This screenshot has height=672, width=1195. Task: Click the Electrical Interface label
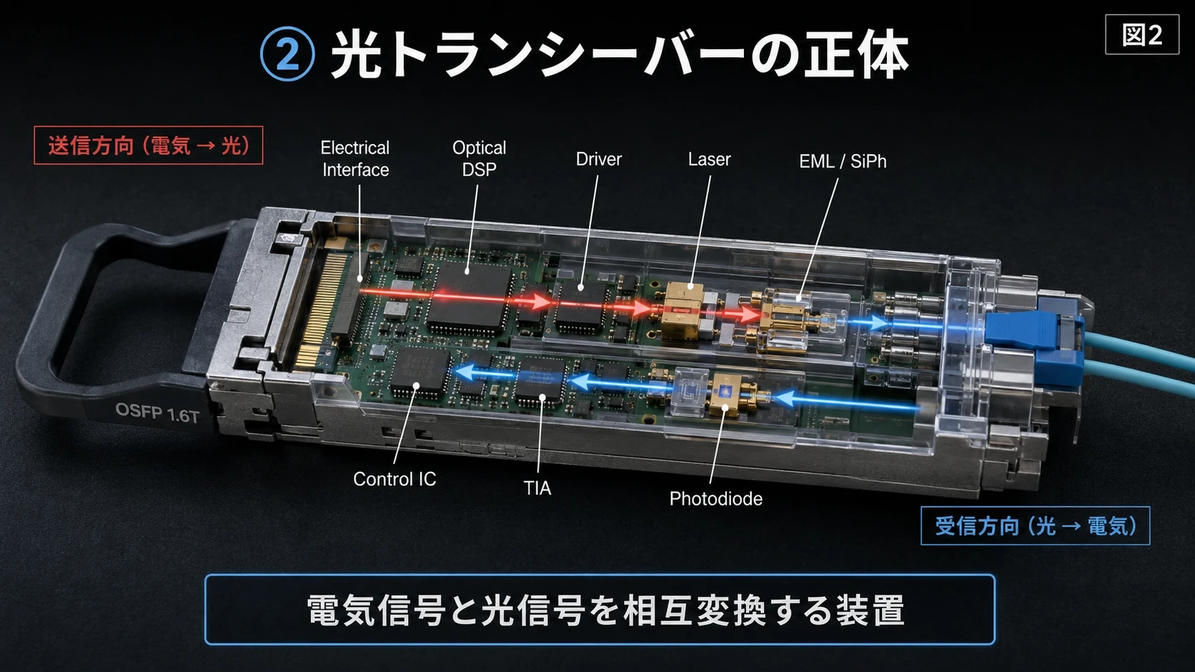(x=355, y=159)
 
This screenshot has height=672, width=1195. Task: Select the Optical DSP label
(x=479, y=159)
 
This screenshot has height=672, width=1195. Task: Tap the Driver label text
(x=598, y=159)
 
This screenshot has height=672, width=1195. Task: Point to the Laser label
(x=709, y=159)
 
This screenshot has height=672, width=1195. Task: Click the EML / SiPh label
(x=843, y=161)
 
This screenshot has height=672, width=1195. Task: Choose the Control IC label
(x=395, y=479)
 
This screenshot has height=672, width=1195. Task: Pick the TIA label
(x=537, y=488)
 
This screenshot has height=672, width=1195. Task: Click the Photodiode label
(x=715, y=498)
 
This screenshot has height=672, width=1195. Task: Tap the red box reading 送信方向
(x=149, y=146)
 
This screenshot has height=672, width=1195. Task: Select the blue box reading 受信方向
(x=1035, y=526)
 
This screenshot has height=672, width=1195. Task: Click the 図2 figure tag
(x=1141, y=35)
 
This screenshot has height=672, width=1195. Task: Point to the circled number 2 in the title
(x=287, y=54)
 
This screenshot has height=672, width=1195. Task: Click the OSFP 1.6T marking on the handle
(x=157, y=413)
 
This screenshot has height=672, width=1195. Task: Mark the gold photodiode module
(x=725, y=394)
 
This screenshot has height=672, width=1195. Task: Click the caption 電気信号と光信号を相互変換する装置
(x=605, y=610)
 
